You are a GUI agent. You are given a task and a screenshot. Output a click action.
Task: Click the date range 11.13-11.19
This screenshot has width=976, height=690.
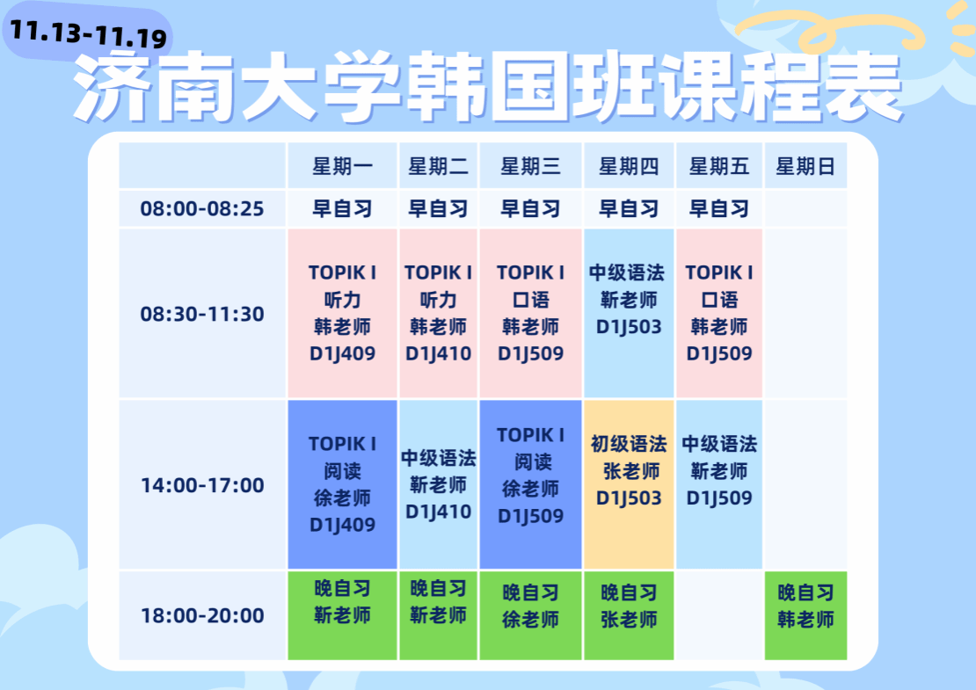(x=89, y=33)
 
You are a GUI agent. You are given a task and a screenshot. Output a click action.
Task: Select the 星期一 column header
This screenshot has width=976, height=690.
(x=342, y=166)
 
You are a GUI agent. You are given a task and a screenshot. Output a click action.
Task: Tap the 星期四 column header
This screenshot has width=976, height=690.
(x=629, y=166)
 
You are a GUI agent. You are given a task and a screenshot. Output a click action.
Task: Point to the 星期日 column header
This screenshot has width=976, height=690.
(x=805, y=166)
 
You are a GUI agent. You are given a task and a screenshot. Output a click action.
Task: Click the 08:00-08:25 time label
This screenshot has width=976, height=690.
(x=202, y=208)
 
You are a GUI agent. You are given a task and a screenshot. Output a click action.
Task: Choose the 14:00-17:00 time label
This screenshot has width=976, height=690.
(x=202, y=485)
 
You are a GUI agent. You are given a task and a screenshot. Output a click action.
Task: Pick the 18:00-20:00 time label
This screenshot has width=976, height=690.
(x=202, y=616)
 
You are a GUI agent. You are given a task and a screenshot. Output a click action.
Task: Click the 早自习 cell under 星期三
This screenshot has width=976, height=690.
(x=530, y=208)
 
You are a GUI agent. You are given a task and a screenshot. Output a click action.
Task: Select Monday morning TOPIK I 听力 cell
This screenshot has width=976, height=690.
(x=342, y=313)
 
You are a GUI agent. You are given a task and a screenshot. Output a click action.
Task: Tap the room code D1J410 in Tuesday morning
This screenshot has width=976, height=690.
(x=438, y=353)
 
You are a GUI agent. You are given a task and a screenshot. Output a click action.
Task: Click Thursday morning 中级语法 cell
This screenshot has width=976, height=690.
(x=629, y=313)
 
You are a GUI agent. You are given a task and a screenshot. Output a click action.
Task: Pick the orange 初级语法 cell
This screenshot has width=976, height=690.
(x=629, y=484)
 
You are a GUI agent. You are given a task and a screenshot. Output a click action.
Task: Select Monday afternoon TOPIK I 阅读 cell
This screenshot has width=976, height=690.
(x=342, y=484)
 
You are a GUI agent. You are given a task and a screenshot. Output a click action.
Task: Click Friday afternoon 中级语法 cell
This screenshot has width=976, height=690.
(x=719, y=484)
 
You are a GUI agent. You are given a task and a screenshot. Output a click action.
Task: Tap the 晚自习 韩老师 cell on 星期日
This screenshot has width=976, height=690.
(x=805, y=615)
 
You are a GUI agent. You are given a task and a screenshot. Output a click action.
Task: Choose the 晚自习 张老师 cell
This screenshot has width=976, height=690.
(x=629, y=615)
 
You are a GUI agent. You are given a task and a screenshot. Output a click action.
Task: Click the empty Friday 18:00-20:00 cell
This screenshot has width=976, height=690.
(x=719, y=615)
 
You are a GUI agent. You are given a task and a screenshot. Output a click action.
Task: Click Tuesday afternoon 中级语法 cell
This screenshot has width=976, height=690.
(x=438, y=484)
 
